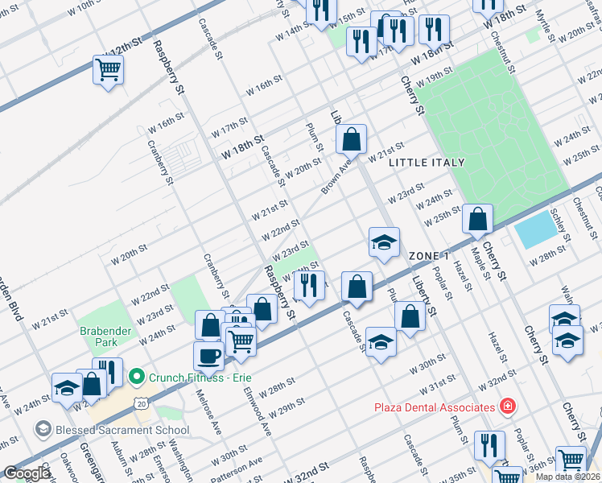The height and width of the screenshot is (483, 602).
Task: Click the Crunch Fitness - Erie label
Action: click(193, 376)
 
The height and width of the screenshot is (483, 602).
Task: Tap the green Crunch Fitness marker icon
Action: click(137, 376)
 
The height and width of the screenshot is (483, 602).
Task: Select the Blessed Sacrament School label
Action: click(122, 429)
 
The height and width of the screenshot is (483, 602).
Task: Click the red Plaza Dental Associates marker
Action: click(507, 406)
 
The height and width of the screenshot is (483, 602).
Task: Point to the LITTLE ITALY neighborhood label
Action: click(427, 163)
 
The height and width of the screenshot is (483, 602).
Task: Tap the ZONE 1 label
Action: click(428, 255)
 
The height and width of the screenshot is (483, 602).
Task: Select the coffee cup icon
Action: click(208, 355)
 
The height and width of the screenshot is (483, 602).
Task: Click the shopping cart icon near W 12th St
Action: click(108, 69)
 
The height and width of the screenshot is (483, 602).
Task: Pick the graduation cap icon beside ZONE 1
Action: click(385, 242)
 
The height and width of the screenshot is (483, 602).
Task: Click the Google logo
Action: click(27, 473)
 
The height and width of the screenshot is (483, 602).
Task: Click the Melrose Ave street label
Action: click(208, 413)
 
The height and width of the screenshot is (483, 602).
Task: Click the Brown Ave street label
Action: click(336, 176)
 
